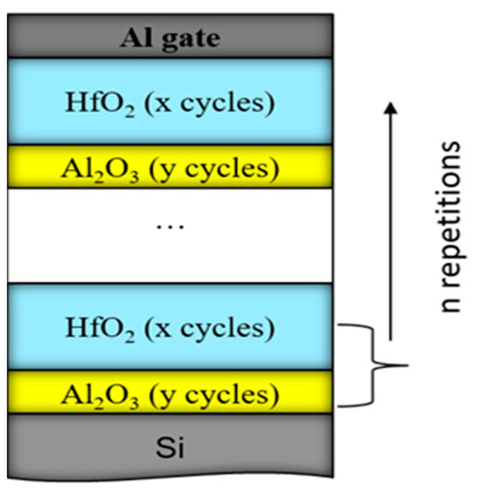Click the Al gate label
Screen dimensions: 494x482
pos(171,40)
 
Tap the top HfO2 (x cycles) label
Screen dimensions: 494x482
pos(171,102)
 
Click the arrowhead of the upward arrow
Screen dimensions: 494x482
pos(390,107)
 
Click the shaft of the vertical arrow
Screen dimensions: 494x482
pos(390,225)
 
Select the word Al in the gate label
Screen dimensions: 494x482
pos(138,40)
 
